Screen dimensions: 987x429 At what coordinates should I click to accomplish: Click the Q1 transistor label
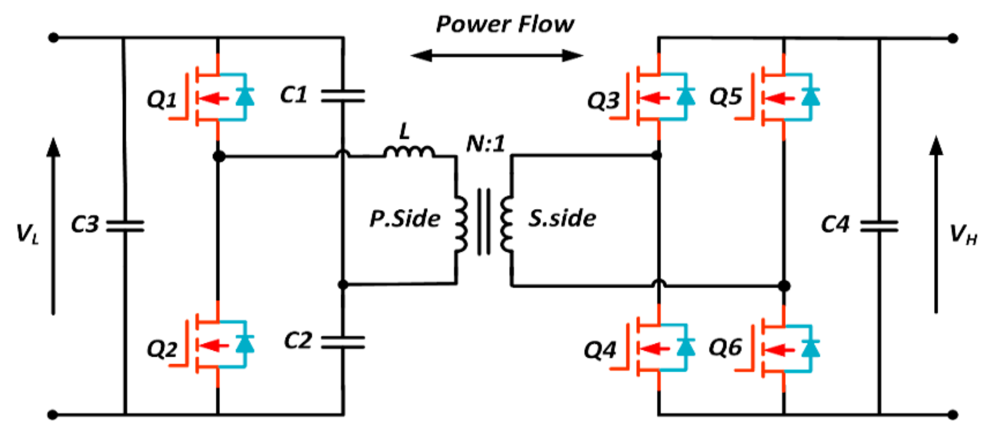tap(161, 100)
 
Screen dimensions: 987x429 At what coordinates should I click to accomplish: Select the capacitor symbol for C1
tap(343, 96)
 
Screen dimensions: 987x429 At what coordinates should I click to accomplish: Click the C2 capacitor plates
tap(343, 342)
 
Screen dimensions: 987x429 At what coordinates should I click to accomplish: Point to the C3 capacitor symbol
tap(125, 226)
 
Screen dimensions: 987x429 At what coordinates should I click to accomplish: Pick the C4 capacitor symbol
tap(879, 226)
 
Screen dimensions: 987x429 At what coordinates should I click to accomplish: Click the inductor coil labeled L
tap(409, 151)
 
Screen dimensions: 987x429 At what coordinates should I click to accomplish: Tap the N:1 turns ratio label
tap(486, 144)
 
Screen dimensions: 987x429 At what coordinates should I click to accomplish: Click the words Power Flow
tap(505, 24)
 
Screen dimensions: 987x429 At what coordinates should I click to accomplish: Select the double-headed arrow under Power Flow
tap(497, 55)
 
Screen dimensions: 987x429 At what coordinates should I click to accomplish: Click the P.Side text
tap(405, 219)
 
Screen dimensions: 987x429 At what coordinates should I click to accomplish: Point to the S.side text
tap(562, 218)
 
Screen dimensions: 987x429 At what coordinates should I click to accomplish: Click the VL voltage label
tap(28, 234)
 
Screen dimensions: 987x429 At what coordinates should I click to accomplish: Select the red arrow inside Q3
tap(655, 98)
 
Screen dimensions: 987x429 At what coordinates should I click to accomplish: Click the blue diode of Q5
tap(810, 97)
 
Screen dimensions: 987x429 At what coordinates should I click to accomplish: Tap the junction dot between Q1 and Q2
tap(218, 157)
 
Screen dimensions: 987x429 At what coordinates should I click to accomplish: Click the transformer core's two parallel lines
tap(484, 222)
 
